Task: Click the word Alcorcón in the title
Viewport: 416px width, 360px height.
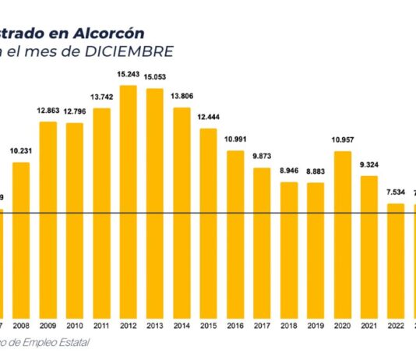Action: point(110,33)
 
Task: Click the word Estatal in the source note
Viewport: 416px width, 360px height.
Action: point(72,343)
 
